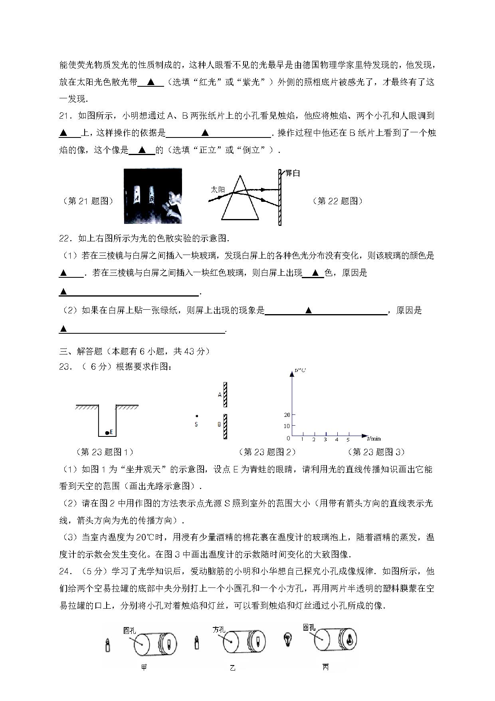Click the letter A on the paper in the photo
(x=137, y=197)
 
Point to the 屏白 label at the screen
(x=292, y=173)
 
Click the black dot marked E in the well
(x=107, y=433)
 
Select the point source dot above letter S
(x=196, y=416)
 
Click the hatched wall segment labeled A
(x=226, y=395)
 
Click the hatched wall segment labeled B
(x=226, y=426)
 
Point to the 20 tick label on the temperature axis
(x=287, y=415)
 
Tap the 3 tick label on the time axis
(x=325, y=440)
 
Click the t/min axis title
(x=373, y=438)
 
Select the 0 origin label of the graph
(x=289, y=438)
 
